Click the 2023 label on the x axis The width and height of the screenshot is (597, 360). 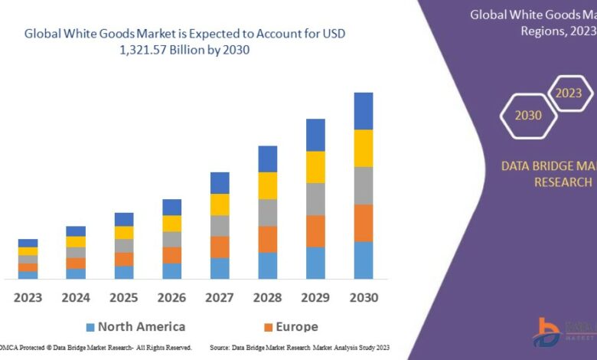coord(28,296)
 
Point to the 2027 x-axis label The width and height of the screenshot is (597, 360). coord(220,296)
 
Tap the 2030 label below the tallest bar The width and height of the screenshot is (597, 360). coord(364,296)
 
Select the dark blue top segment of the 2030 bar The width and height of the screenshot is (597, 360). coord(364,111)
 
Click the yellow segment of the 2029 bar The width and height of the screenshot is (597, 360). coord(315,167)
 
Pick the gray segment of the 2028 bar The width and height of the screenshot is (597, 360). coord(267,213)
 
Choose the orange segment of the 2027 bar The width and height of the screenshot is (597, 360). coord(220,247)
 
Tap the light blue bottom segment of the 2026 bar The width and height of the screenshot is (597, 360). coord(172,270)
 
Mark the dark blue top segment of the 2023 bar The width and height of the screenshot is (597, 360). coord(28,243)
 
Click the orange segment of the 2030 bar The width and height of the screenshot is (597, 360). coord(364,223)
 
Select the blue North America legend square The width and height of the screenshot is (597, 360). coord(90,327)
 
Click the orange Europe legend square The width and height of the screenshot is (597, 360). coord(268,327)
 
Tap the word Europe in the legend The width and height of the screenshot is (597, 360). coord(298,326)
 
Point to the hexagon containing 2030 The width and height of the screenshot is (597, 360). coord(528,116)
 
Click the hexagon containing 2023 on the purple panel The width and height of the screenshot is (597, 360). coord(568,93)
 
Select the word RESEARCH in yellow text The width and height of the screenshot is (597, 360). coord(563,182)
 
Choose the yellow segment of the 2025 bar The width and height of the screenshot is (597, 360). coord(124,232)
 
